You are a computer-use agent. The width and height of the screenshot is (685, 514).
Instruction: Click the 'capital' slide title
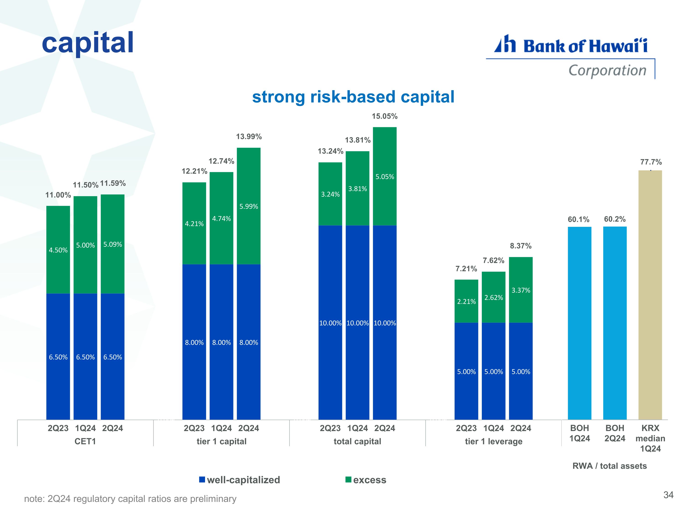click(88, 43)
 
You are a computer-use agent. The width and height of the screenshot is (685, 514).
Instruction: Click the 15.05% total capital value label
click(385, 116)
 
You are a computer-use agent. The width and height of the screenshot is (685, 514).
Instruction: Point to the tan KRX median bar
click(650, 295)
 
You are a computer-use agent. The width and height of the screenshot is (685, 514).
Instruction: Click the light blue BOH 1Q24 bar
click(580, 323)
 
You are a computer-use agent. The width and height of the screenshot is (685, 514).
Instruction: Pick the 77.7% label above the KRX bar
click(651, 162)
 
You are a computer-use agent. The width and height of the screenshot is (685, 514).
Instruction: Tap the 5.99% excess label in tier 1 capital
click(249, 206)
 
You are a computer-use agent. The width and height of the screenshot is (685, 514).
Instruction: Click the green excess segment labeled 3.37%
click(521, 290)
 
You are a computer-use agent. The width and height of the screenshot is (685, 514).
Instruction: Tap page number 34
click(668, 495)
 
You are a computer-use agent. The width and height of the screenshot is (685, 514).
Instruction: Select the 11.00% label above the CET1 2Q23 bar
click(58, 195)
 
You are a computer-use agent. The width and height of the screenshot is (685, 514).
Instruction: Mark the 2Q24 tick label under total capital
click(385, 428)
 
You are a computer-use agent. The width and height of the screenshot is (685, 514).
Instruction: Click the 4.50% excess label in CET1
click(58, 250)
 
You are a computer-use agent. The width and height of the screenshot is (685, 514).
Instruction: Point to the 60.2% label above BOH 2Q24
click(615, 219)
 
